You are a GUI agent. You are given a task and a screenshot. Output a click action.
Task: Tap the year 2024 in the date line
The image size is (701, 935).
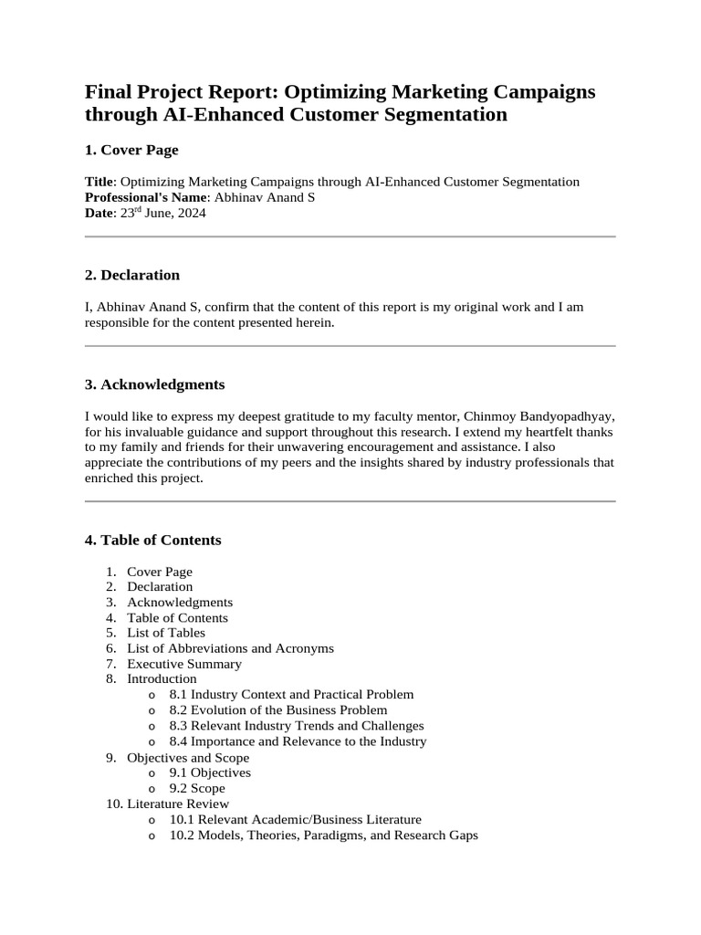[x=190, y=214]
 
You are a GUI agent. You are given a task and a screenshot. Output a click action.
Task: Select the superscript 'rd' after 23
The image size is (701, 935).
[x=141, y=210]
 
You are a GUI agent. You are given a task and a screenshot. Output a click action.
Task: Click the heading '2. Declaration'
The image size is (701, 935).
[x=131, y=275]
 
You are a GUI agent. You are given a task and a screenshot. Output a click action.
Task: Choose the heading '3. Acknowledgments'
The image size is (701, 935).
[x=154, y=384]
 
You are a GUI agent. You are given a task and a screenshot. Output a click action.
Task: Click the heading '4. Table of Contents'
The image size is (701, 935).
[x=152, y=540]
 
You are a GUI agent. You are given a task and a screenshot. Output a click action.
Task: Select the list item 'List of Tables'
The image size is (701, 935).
[x=166, y=633]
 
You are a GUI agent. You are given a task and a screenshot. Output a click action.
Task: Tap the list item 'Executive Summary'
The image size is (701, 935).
[x=184, y=664]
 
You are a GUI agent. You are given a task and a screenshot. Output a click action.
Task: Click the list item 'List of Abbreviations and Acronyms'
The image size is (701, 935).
[x=230, y=648]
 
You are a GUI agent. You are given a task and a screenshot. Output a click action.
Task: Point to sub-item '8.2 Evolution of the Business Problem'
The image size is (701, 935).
[x=278, y=710]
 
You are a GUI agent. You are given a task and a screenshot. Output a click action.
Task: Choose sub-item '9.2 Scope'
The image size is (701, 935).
[x=197, y=788]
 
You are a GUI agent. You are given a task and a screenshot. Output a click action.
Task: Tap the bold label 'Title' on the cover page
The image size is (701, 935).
[x=99, y=182]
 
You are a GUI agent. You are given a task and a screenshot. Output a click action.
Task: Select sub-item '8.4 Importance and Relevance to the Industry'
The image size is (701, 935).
[x=298, y=741]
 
